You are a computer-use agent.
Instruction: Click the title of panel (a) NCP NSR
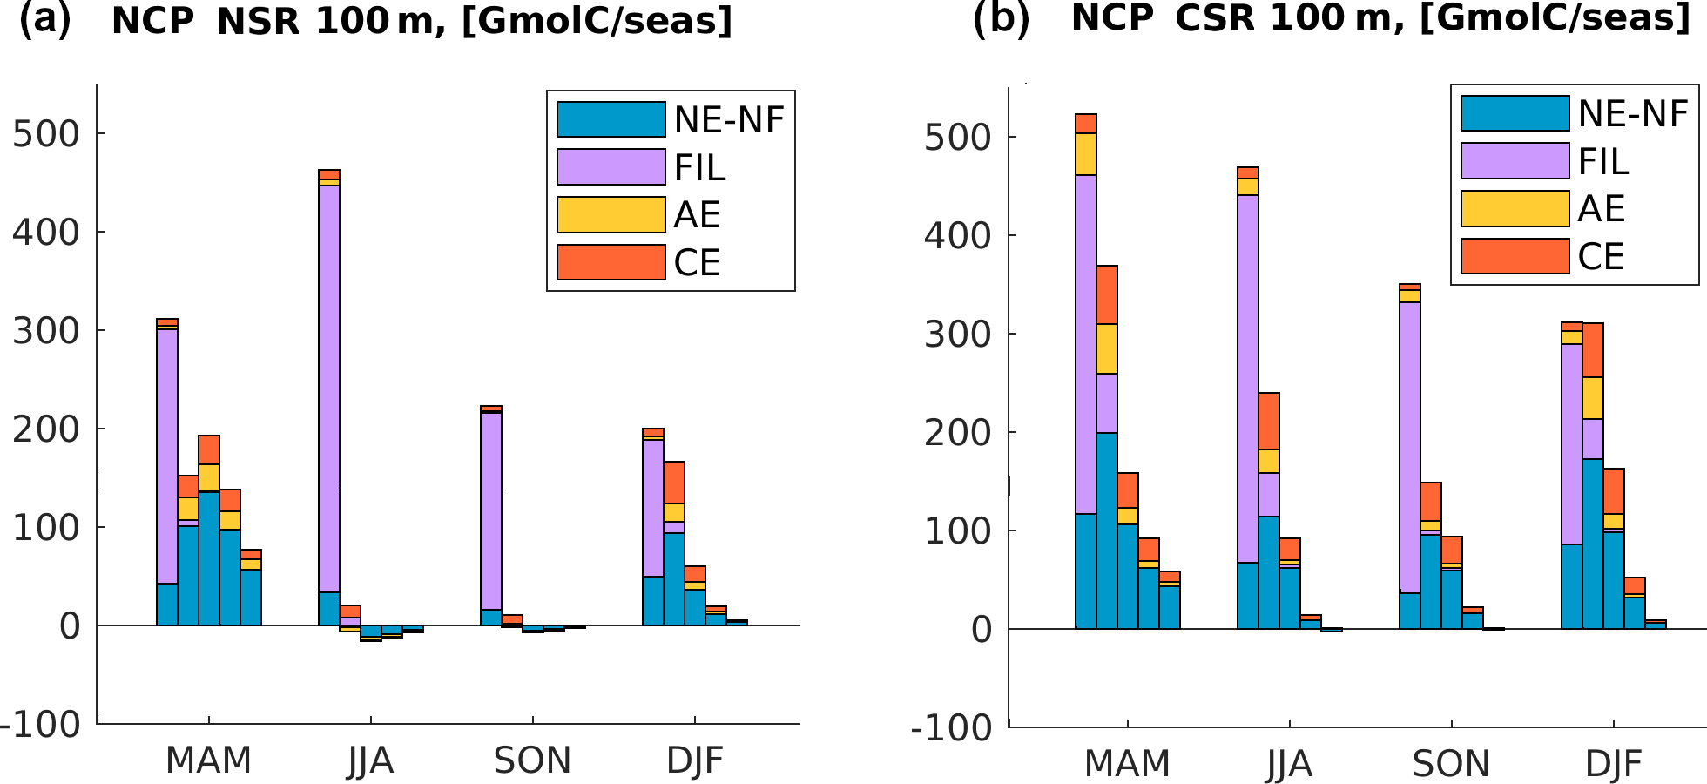click(422, 21)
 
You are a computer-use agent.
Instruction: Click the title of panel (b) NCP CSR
click(1380, 17)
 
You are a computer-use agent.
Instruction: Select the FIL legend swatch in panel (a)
click(611, 167)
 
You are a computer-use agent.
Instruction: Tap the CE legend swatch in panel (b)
click(1515, 256)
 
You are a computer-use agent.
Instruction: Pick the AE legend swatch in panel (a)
click(611, 215)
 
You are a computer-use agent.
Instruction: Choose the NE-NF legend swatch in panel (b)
click(1515, 113)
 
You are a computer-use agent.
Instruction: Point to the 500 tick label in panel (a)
click(45, 134)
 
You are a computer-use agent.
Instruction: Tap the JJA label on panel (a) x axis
click(371, 761)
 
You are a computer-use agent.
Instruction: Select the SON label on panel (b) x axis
click(1451, 764)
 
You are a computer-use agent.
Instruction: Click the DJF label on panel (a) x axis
click(695, 761)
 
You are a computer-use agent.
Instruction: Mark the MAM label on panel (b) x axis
click(1127, 764)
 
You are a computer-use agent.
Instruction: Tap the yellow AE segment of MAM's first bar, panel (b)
click(1086, 154)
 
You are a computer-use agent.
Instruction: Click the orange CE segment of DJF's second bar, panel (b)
click(1593, 350)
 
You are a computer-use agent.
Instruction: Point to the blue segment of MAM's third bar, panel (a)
click(209, 558)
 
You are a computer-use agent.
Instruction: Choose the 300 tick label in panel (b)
click(958, 335)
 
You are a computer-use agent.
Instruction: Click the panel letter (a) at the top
click(45, 19)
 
